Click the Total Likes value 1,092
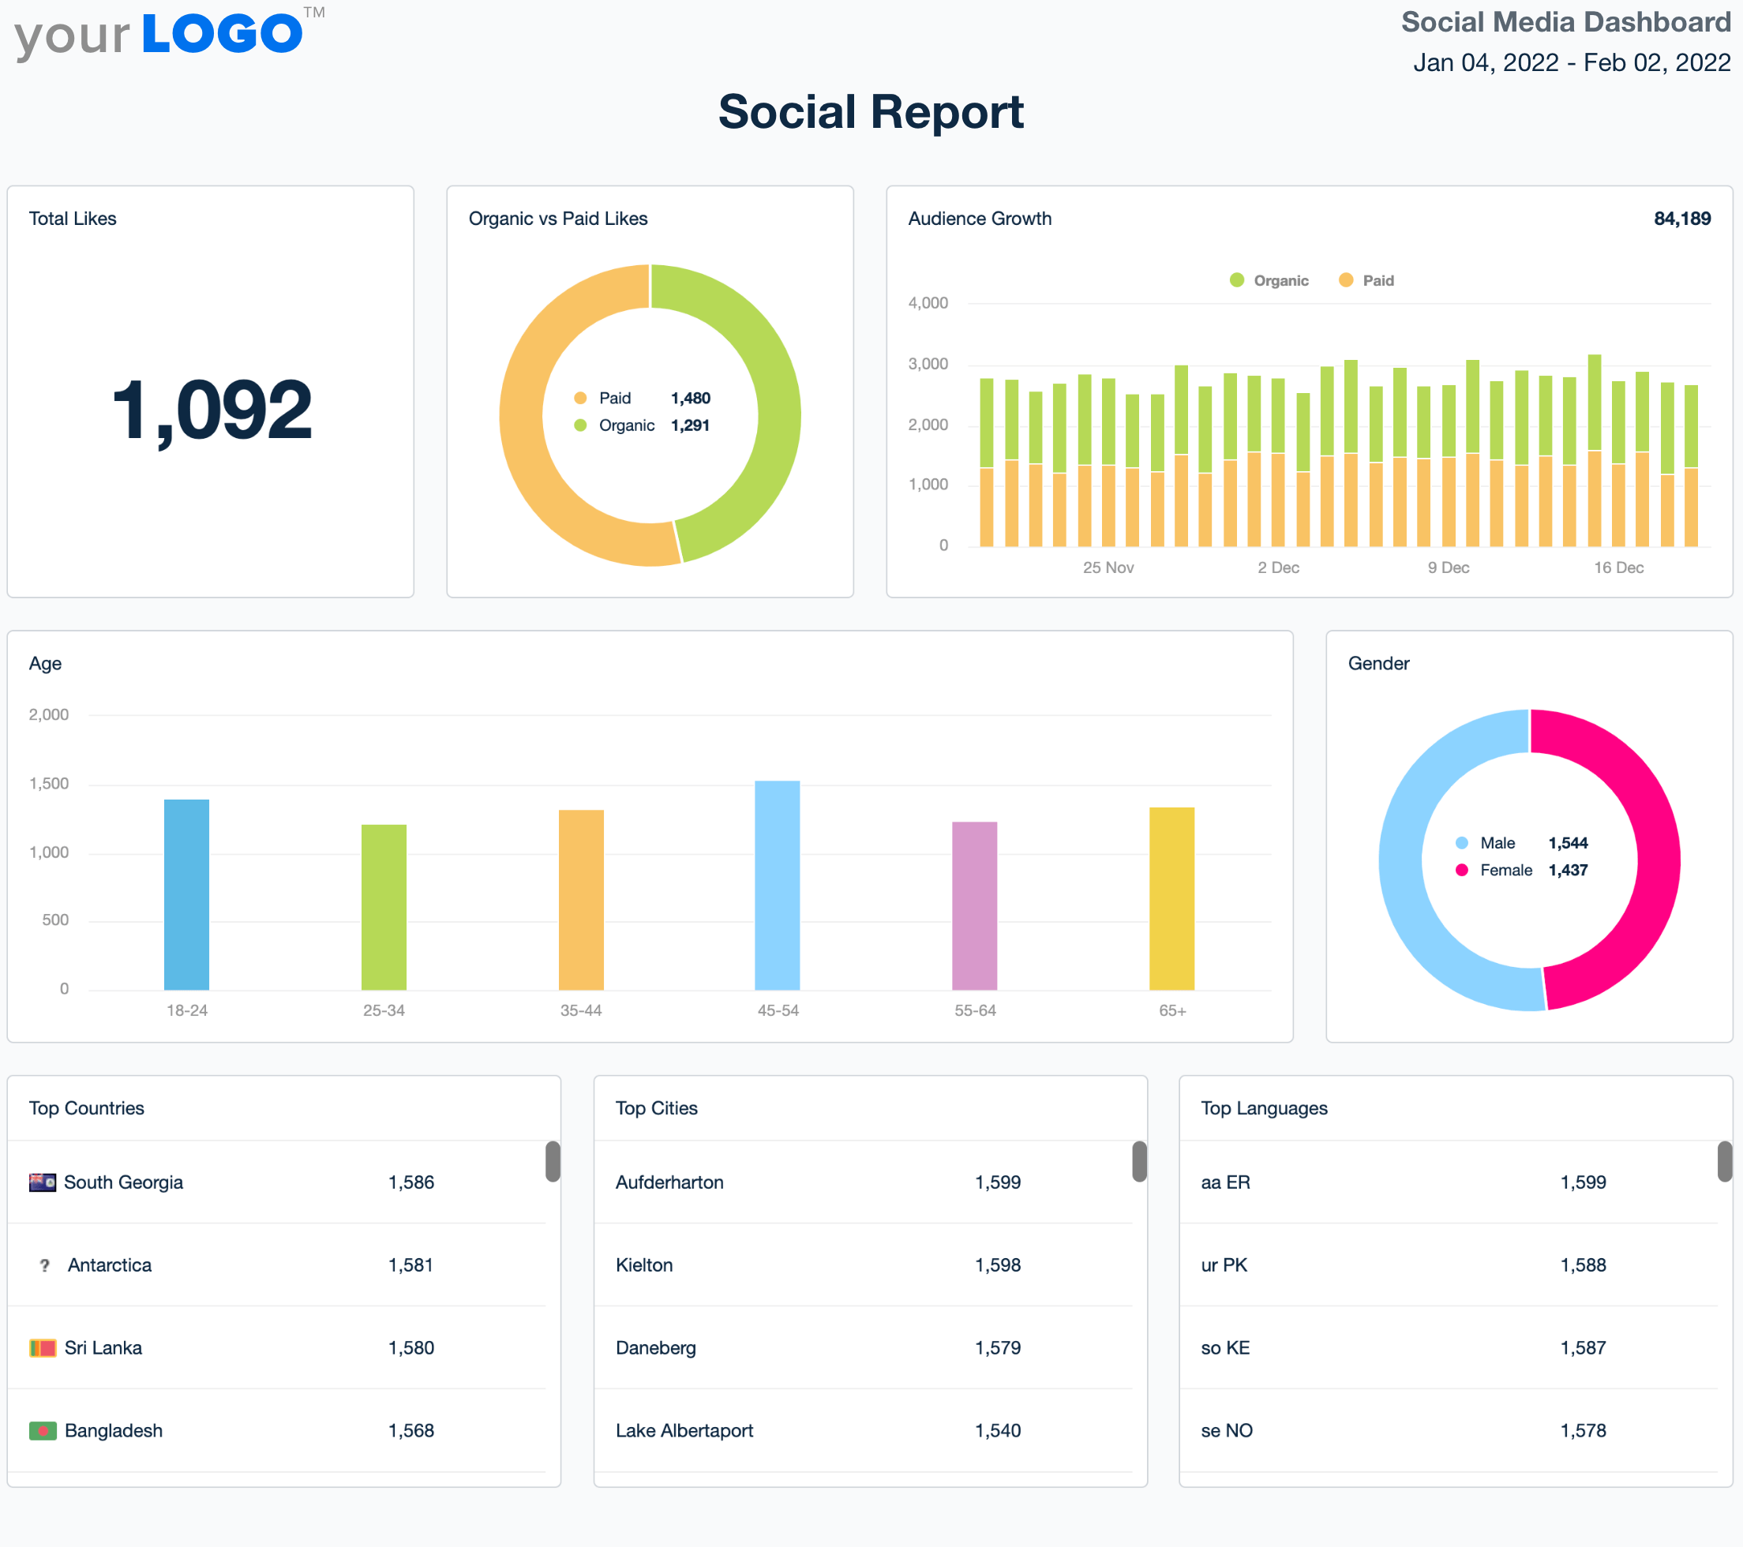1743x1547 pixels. coord(212,410)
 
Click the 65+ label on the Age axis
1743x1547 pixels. coord(1171,1010)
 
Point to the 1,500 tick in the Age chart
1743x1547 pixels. coord(49,784)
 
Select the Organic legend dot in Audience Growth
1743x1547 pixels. coord(1236,280)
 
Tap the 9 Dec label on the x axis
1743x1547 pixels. coord(1448,568)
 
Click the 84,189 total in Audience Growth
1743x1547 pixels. coord(1681,219)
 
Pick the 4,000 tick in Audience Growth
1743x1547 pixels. coord(928,303)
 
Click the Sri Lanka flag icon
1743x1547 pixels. coord(43,1348)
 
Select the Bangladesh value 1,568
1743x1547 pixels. coord(411,1431)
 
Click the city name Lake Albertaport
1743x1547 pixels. coord(684,1431)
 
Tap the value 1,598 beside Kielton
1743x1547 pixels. coord(998,1265)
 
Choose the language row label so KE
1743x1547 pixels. coord(1224,1348)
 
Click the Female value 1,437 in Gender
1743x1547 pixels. coord(1567,870)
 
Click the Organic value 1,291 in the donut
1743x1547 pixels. coord(690,425)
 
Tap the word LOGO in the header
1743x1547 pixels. coord(222,34)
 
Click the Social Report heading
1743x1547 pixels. coord(871,112)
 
